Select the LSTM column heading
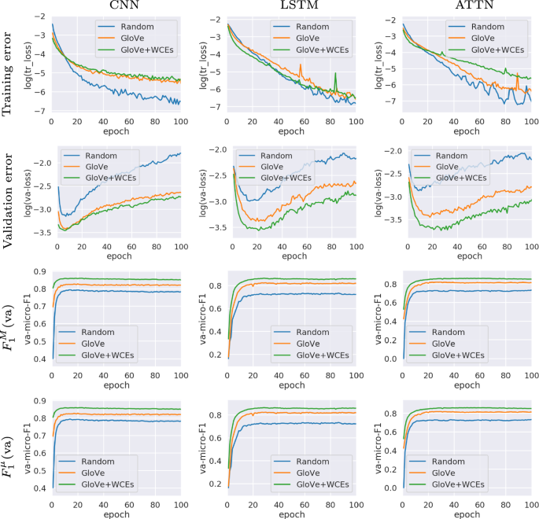(x=291, y=7)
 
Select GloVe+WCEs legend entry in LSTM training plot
(x=323, y=49)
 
